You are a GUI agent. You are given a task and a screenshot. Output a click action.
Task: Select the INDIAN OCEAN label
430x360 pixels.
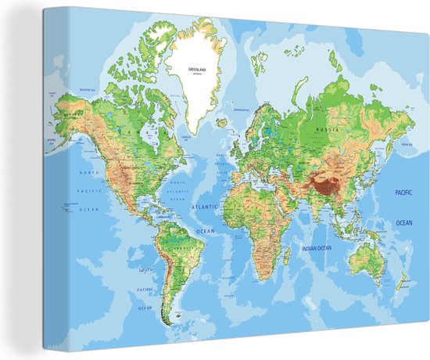(318, 249)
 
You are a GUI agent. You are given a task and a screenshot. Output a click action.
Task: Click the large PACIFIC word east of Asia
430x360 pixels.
(403, 192)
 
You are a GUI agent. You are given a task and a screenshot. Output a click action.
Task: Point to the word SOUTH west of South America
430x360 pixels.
(146, 270)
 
